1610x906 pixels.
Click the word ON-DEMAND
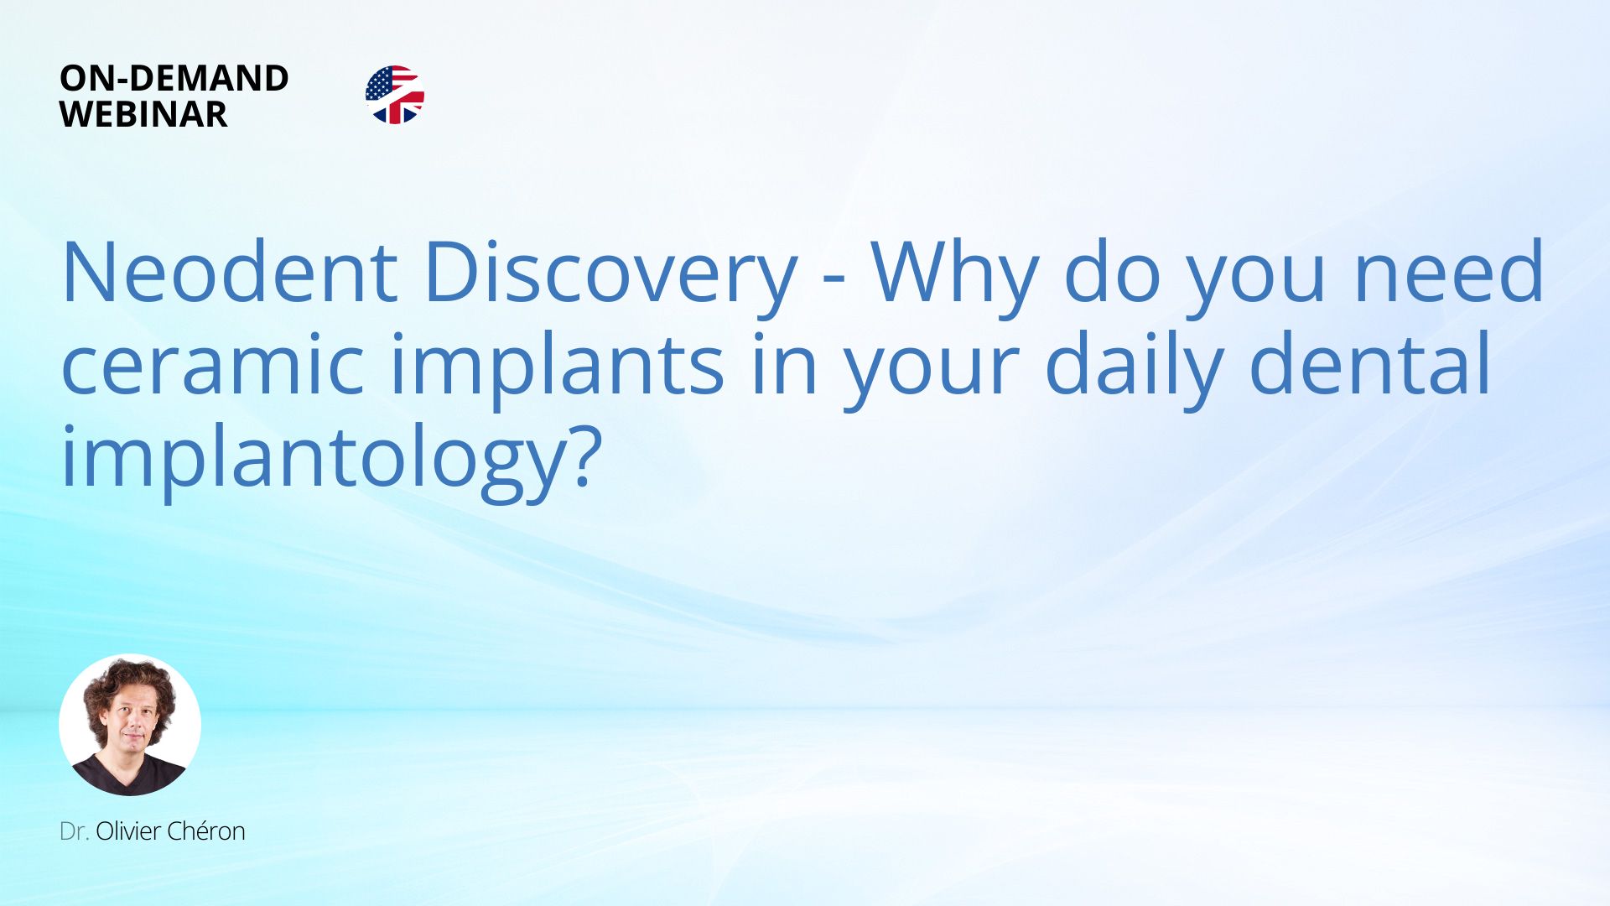174,78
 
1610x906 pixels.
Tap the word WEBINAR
143,114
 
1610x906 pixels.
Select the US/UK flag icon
395,95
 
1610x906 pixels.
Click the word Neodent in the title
229,272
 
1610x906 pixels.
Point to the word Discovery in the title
610,277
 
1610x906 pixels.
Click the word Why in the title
954,277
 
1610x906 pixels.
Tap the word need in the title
1448,272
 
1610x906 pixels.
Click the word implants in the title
558,369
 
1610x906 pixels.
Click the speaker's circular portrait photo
130,725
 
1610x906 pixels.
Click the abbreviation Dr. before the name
74,831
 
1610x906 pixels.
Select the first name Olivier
128,831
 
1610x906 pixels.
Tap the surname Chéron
206,831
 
